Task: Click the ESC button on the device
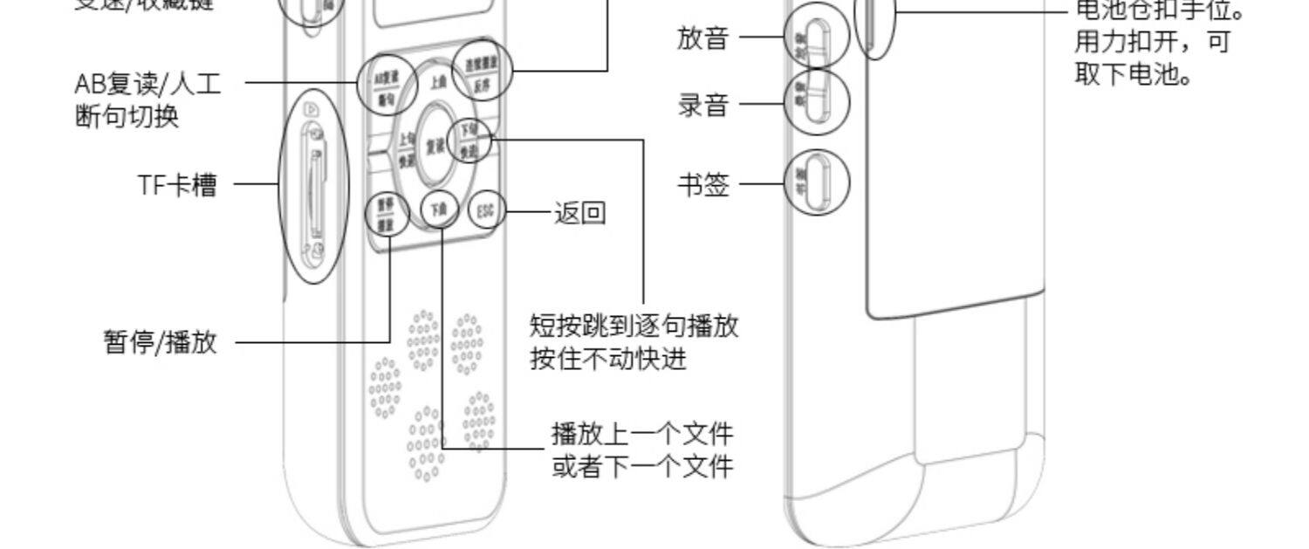[487, 210]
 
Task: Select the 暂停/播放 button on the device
[386, 215]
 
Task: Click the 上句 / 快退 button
[407, 149]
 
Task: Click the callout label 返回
[580, 212]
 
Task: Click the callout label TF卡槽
[177, 185]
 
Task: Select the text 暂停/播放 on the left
[161, 342]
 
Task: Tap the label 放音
[703, 38]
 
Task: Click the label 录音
[703, 105]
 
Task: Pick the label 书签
[703, 185]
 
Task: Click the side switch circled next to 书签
[817, 182]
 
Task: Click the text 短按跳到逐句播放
[634, 326]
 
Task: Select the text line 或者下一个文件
[642, 466]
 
